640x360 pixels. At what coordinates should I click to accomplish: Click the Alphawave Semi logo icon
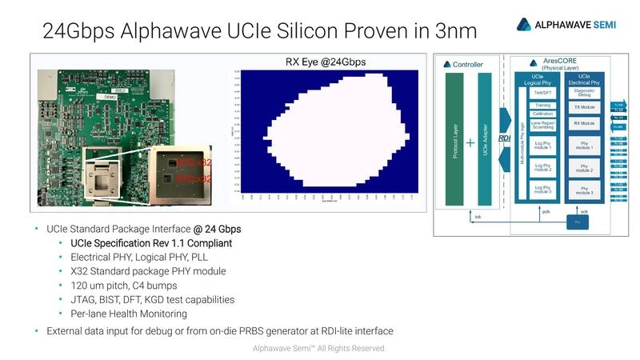tap(524, 24)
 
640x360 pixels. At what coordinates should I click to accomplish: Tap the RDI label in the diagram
tap(505, 138)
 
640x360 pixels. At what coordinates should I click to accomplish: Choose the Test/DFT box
tap(542, 93)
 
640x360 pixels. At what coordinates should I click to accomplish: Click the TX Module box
tap(584, 107)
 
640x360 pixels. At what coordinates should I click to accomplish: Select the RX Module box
tap(584, 124)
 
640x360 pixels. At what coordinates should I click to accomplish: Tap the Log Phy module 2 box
tap(542, 168)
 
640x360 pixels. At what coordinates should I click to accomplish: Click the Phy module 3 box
tap(584, 190)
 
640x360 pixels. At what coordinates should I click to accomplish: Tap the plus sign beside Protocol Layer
tap(470, 144)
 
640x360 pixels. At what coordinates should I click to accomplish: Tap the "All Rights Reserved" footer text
tap(352, 349)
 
